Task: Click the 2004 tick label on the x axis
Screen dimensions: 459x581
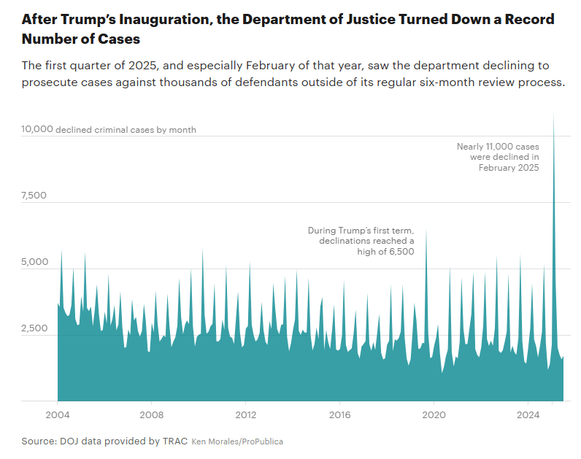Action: click(x=57, y=414)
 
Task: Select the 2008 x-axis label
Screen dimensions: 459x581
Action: click(x=151, y=414)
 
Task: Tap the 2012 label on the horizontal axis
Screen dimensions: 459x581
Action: click(x=245, y=414)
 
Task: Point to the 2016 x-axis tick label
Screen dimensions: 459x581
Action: click(x=339, y=414)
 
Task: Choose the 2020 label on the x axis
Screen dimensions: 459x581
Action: click(x=434, y=414)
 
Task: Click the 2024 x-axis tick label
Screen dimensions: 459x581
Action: click(x=528, y=414)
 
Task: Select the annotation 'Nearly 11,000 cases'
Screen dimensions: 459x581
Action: click(x=498, y=147)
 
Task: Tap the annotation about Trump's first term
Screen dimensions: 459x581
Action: click(x=361, y=240)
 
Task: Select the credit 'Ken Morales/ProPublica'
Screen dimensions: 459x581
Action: click(x=237, y=441)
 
